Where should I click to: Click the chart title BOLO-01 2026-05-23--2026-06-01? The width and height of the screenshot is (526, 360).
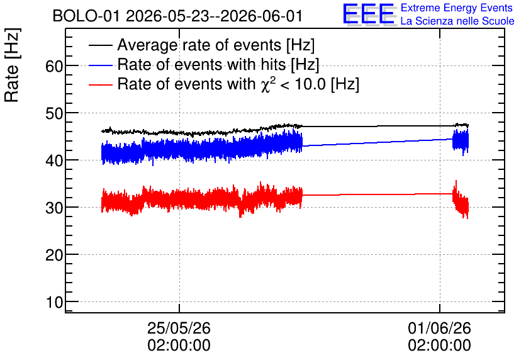178,16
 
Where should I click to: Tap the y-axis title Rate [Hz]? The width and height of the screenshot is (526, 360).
12,65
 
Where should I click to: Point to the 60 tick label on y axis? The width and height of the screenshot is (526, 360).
54,66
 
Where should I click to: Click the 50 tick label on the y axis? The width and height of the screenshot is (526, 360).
54,113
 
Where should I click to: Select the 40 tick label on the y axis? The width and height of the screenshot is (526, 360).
54,160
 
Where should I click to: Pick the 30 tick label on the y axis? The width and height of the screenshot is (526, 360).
54,208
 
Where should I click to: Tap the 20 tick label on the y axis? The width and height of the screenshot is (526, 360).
54,256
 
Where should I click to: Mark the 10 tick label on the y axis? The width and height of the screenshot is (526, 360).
54,303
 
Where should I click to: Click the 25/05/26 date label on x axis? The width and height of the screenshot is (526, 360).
179,328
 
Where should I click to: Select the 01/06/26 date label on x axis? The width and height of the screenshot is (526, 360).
439,328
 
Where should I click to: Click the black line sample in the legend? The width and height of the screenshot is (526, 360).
100,45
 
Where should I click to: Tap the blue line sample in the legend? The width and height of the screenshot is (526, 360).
100,65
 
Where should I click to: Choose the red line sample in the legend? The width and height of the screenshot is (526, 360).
100,84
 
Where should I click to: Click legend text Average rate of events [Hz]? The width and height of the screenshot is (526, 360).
216,45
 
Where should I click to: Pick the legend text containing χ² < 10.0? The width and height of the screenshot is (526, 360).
238,84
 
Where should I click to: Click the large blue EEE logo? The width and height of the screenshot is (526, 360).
369,14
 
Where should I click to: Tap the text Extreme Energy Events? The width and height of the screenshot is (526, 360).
457,8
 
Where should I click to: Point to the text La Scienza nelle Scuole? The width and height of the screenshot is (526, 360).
457,21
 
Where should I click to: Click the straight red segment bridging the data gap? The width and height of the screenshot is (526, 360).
378,194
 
